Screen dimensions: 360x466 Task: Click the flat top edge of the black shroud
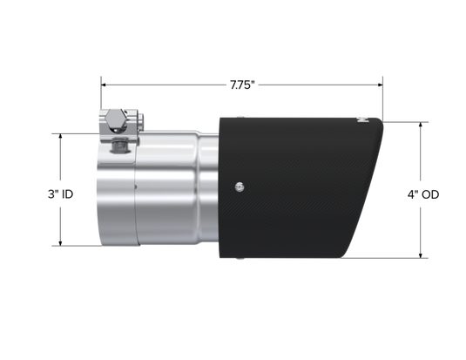[x=305, y=115]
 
